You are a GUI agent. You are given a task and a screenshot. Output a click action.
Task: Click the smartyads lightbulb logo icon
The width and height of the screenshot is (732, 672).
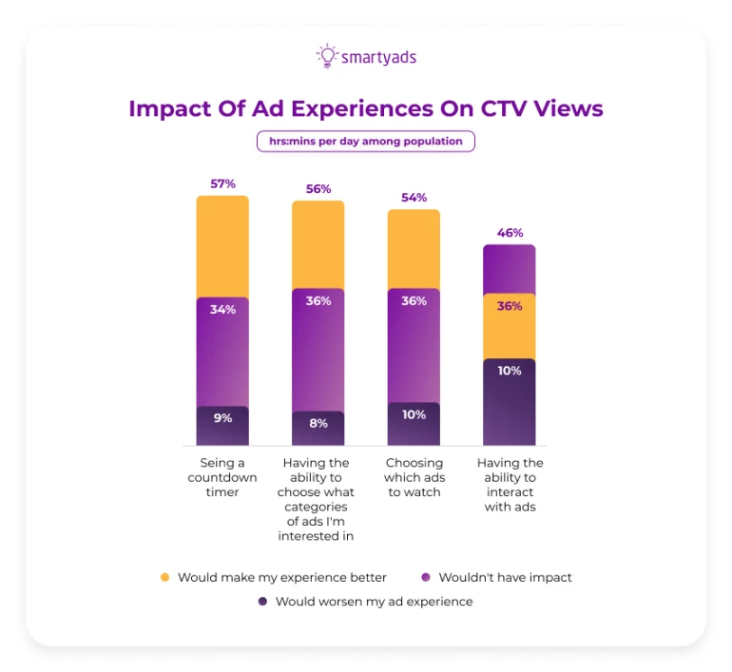point(327,56)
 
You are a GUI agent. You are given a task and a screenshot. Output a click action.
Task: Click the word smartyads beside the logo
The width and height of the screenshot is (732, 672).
point(378,57)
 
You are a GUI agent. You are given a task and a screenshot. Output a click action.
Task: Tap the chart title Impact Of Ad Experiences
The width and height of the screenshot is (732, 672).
point(366,108)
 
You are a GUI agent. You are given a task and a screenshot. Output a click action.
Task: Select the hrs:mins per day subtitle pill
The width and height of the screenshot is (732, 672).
point(366,142)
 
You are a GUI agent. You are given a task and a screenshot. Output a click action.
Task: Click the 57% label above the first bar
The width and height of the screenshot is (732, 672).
point(222,182)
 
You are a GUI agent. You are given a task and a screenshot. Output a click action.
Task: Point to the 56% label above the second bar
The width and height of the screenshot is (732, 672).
point(318,188)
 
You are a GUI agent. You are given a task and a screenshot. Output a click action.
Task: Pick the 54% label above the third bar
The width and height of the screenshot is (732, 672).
point(414,197)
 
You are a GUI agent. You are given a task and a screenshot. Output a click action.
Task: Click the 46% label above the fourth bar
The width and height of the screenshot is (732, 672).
point(510,232)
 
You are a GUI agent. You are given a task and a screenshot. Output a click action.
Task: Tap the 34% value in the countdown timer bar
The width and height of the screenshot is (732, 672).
point(222,309)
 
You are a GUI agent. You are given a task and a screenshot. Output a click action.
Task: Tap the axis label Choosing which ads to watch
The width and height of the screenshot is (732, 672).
point(414,477)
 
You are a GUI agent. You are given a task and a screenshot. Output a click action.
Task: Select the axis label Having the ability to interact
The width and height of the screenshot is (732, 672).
point(510,485)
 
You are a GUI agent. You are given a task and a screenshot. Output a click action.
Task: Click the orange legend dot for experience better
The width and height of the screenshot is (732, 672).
point(164,577)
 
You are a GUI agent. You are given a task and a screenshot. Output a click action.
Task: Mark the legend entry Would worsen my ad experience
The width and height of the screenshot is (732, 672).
point(374,602)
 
